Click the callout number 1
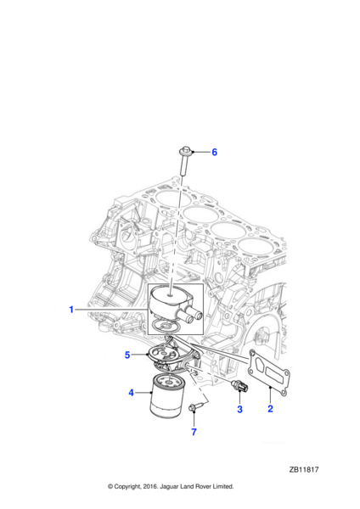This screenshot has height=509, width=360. (x=71, y=310)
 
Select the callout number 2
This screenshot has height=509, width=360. (x=270, y=410)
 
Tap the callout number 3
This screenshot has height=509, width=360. (x=239, y=410)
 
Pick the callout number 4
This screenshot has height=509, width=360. (x=131, y=393)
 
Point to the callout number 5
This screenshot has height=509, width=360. (x=127, y=355)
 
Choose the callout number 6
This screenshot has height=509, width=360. (x=214, y=153)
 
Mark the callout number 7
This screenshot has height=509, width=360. (x=193, y=433)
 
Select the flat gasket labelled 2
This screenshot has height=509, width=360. (x=269, y=373)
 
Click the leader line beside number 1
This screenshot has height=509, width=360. (x=110, y=310)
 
